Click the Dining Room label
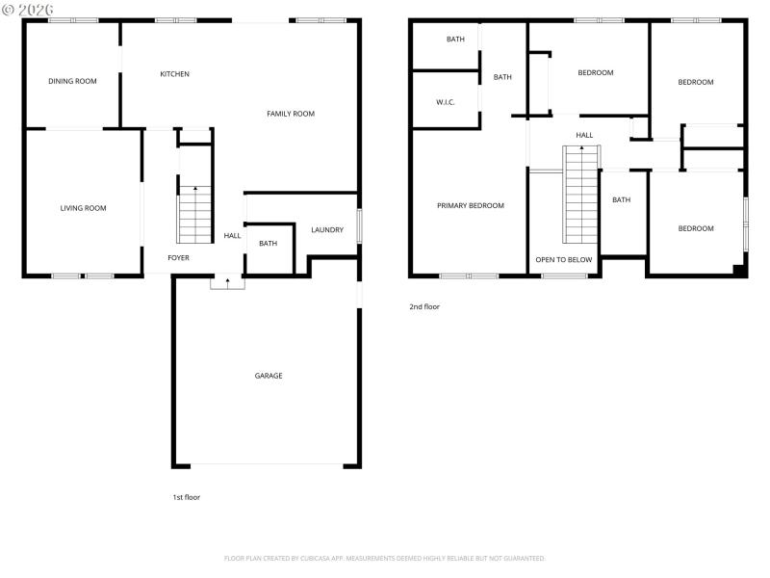(x=73, y=81)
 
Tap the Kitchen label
(x=174, y=74)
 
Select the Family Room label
(x=291, y=114)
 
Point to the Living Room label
(x=83, y=208)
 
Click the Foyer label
(x=178, y=258)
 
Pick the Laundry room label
(x=327, y=229)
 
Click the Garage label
(x=269, y=376)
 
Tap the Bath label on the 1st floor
(x=268, y=244)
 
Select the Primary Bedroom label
(x=471, y=205)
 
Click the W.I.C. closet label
(x=445, y=101)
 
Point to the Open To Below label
(x=564, y=260)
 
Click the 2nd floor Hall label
(x=584, y=135)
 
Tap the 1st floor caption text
(x=186, y=497)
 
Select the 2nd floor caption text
(x=424, y=306)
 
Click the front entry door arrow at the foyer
(x=227, y=282)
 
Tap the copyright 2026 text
(x=28, y=9)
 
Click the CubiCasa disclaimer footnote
(x=385, y=558)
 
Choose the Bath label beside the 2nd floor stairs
(x=622, y=200)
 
